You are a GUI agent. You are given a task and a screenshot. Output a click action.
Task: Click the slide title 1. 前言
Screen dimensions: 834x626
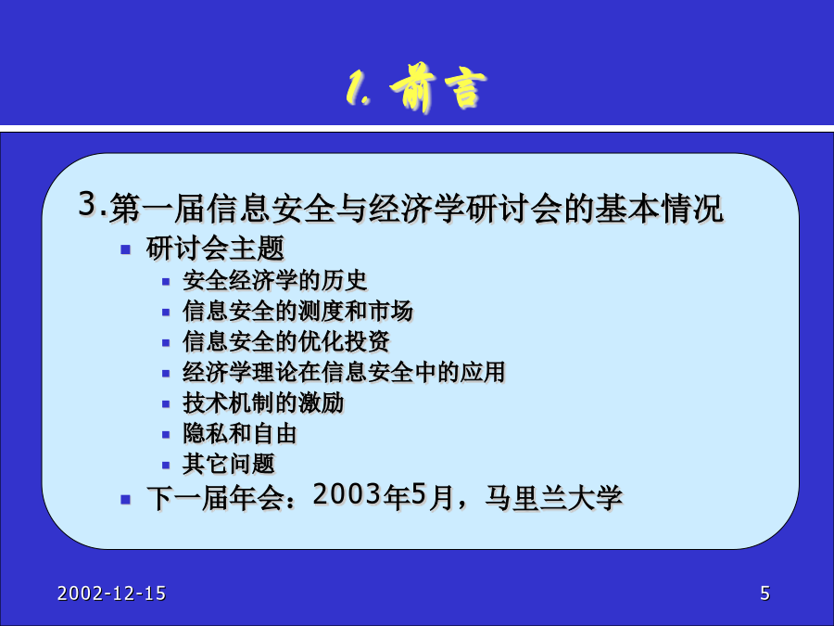(x=416, y=88)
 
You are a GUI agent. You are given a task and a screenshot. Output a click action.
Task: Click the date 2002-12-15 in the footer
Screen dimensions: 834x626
(x=112, y=593)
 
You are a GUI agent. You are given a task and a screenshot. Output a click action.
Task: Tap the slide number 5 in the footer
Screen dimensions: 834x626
(x=764, y=593)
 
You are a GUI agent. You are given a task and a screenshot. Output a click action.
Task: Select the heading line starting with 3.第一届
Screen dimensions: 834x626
(x=401, y=207)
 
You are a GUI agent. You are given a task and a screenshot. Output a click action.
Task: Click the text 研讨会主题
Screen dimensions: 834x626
(x=215, y=248)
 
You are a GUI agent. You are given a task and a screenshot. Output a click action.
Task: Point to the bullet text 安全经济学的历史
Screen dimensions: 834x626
(x=275, y=280)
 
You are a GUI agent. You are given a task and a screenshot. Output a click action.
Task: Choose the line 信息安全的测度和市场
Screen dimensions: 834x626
(x=297, y=311)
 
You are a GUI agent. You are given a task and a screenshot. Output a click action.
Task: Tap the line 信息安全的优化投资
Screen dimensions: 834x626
(x=286, y=341)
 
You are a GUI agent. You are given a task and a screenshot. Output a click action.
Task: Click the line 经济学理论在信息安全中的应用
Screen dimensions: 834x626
(x=344, y=372)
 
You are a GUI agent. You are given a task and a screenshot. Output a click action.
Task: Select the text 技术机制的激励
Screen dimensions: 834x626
(x=263, y=403)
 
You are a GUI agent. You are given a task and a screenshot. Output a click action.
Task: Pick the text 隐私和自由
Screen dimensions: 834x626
(x=240, y=433)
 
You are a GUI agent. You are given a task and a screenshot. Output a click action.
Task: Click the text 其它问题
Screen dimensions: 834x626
(x=229, y=464)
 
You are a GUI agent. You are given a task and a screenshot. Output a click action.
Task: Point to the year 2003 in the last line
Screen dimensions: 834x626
(x=347, y=494)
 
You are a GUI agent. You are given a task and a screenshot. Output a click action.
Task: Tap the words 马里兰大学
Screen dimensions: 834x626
(x=553, y=498)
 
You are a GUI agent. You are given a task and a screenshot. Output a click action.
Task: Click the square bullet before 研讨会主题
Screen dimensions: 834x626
(x=125, y=249)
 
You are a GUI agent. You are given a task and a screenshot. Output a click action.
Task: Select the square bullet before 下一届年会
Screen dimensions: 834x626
(x=125, y=499)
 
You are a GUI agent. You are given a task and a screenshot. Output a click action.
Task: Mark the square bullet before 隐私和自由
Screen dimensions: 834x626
(x=166, y=435)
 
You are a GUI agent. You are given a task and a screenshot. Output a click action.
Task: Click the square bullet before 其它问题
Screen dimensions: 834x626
(x=166, y=466)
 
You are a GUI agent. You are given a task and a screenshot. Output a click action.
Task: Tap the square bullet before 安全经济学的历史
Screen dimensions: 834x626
(x=166, y=282)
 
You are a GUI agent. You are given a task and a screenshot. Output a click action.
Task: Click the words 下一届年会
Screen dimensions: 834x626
(x=215, y=498)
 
